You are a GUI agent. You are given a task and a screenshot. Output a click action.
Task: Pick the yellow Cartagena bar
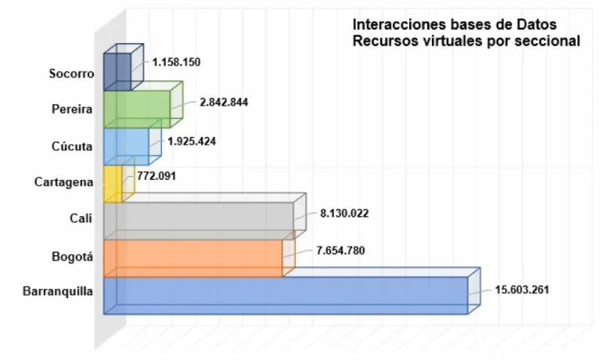point(112,185)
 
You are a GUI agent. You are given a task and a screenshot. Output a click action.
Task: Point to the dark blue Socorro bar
point(117,71)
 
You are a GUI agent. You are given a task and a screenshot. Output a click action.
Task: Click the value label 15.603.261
point(522,289)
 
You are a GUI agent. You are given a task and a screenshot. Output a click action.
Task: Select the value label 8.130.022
point(347,212)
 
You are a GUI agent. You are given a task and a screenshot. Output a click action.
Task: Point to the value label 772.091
point(157,176)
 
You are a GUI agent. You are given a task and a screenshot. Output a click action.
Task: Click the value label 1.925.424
point(192,142)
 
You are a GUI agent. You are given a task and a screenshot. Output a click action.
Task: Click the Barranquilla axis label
point(59,292)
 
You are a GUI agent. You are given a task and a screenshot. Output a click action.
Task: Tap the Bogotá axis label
point(71,256)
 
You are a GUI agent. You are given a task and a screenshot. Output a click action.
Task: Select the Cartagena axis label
point(64,182)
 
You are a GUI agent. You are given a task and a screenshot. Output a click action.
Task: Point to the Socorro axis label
point(70,74)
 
